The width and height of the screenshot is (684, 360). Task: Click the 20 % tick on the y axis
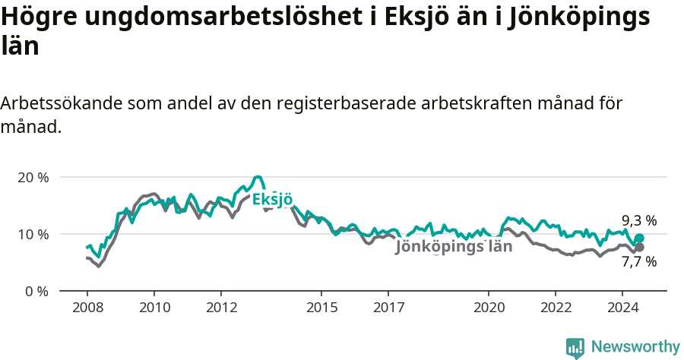pyautogui.click(x=33, y=177)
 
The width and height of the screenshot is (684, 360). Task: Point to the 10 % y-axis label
pyautogui.click(x=33, y=234)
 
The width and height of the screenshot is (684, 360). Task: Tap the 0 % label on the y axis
pyautogui.click(x=36, y=291)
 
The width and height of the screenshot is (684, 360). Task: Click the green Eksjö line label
pyautogui.click(x=272, y=200)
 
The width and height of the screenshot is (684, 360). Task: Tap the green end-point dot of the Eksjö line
pyautogui.click(x=639, y=238)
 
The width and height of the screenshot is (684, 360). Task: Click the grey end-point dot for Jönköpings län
pyautogui.click(x=639, y=247)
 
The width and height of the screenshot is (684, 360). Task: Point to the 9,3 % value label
pyautogui.click(x=638, y=221)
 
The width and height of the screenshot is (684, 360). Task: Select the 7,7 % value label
pyautogui.click(x=638, y=262)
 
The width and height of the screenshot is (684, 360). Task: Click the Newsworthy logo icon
pyautogui.click(x=575, y=347)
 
